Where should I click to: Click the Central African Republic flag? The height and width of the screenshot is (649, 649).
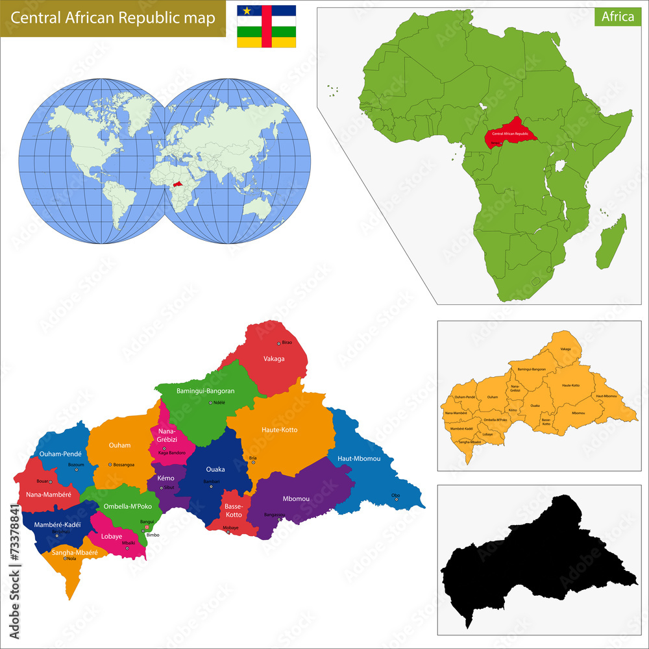[266, 27]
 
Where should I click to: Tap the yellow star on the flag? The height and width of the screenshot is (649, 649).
[247, 10]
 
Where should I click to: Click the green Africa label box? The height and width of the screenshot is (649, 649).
[617, 17]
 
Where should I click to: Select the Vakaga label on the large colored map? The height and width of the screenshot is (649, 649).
[274, 358]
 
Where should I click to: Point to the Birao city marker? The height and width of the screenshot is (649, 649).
[279, 343]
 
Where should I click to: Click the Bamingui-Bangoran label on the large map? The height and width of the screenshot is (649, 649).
[205, 391]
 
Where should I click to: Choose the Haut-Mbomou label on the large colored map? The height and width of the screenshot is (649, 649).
[358, 459]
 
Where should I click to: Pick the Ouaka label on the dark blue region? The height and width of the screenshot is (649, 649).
[215, 469]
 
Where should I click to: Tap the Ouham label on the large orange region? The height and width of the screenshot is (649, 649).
[119, 445]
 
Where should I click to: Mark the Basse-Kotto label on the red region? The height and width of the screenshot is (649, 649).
[233, 510]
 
